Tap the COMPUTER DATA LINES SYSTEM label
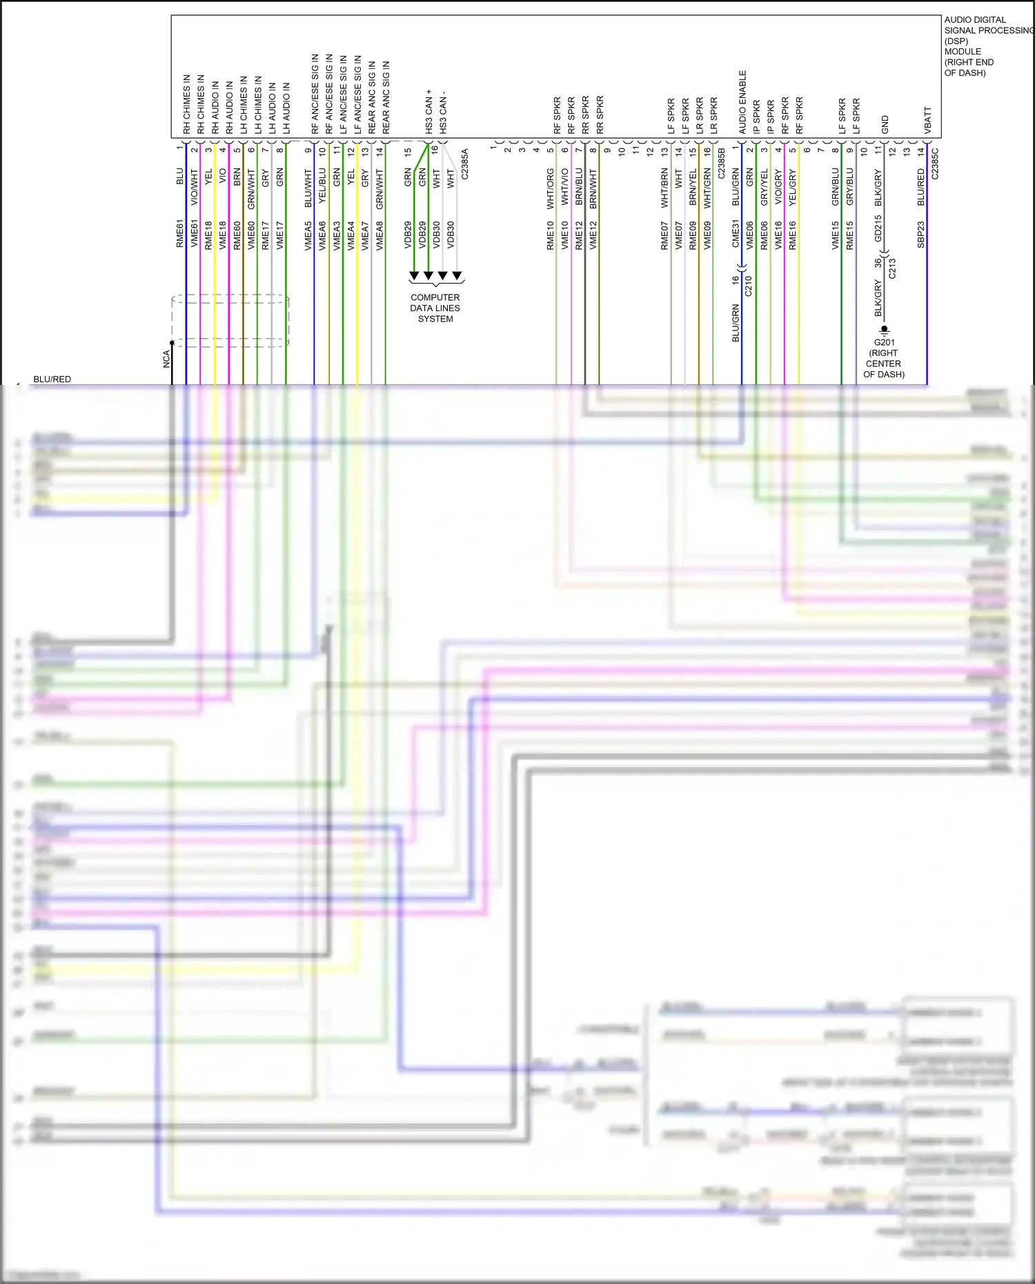pyautogui.click(x=435, y=308)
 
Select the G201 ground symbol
pyautogui.click(x=885, y=330)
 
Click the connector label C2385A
pyautogui.click(x=464, y=164)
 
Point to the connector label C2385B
pyautogui.click(x=722, y=164)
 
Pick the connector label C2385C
pyautogui.click(x=936, y=164)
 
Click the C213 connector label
pyautogui.click(x=892, y=268)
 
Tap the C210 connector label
pyautogui.click(x=749, y=286)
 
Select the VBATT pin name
pyautogui.click(x=928, y=120)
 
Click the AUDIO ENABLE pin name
pyautogui.click(x=742, y=102)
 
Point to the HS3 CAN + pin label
pyautogui.click(x=429, y=111)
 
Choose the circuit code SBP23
pyautogui.click(x=921, y=235)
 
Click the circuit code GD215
pyautogui.click(x=878, y=228)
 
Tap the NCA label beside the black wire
pyautogui.click(x=166, y=359)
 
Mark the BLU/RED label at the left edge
pyautogui.click(x=52, y=379)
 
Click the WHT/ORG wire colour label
pyautogui.click(x=551, y=189)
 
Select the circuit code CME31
pyautogui.click(x=736, y=234)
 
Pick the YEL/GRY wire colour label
pyautogui.click(x=793, y=188)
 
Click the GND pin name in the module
pyautogui.click(x=885, y=125)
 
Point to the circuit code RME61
pyautogui.click(x=180, y=234)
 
